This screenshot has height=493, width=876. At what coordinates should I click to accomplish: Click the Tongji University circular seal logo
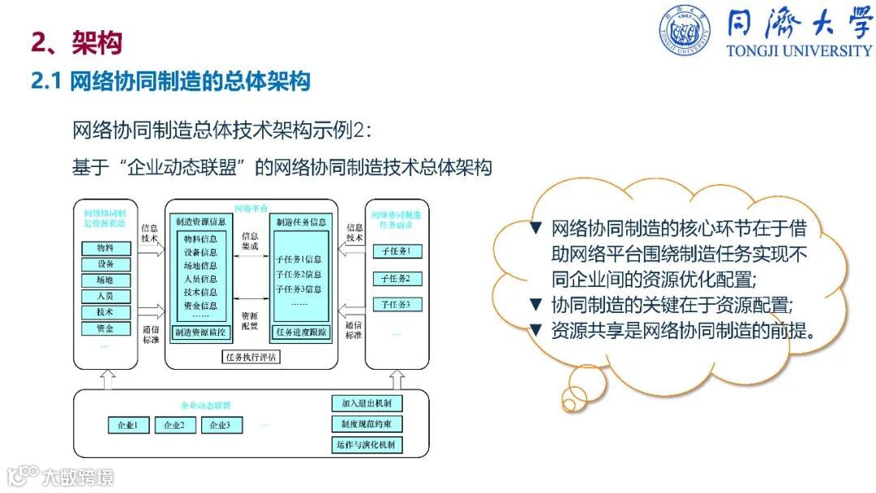pos(684,31)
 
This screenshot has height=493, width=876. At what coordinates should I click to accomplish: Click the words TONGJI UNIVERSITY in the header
pos(799,50)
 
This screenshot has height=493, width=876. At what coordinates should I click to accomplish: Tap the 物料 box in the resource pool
pos(105,248)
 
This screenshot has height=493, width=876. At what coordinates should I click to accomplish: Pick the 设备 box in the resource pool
pos(105,264)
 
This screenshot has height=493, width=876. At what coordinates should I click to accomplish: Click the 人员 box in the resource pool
pos(105,296)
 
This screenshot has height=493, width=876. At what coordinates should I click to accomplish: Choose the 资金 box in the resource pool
pos(105,328)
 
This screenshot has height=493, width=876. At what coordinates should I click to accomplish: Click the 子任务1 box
pos(397,251)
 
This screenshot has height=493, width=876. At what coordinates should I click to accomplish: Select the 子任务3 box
pos(397,305)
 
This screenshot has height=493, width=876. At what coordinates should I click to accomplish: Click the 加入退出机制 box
pos(367,404)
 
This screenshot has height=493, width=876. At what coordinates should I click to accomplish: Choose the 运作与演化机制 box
pos(367,445)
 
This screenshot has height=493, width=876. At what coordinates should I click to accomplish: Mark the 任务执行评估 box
pos(251,356)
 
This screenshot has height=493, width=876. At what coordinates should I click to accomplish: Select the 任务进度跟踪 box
pos(301,332)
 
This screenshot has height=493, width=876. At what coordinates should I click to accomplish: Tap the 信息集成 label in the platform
pos(251,241)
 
